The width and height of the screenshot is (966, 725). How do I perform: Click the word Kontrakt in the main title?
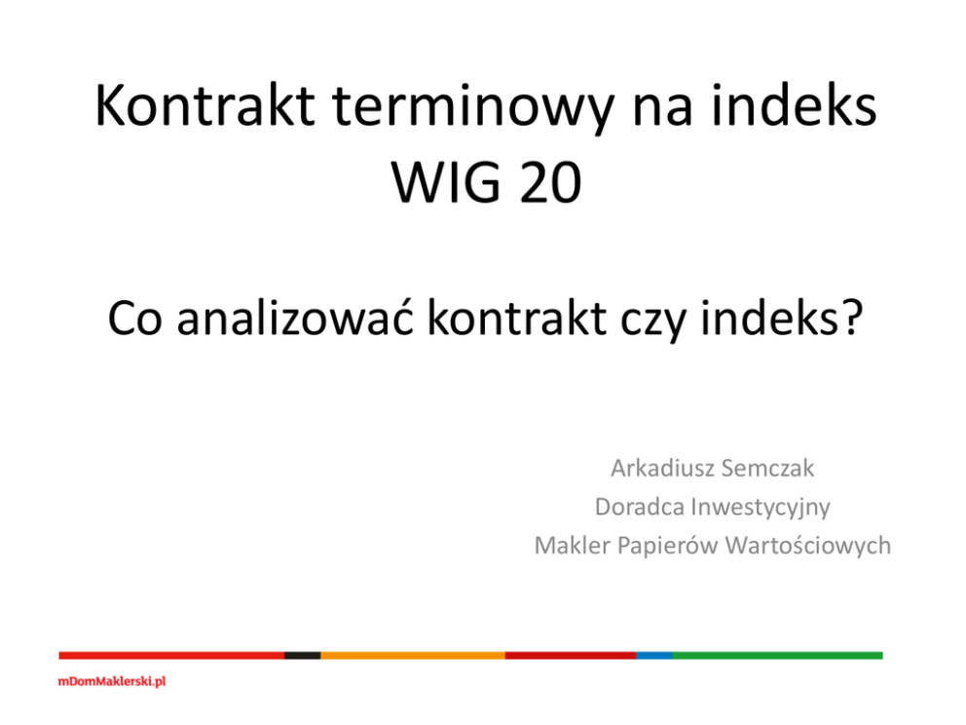pyautogui.click(x=205, y=106)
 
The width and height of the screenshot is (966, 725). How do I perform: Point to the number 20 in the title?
pyautogui.click(x=551, y=182)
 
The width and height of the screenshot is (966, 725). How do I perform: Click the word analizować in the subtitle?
pyautogui.click(x=295, y=318)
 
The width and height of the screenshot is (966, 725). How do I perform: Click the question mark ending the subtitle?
pyautogui.click(x=851, y=318)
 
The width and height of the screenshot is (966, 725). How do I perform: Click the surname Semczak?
pyautogui.click(x=767, y=469)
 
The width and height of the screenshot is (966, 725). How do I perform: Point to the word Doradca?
pyautogui.click(x=640, y=507)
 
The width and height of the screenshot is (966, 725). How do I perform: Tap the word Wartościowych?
pyautogui.click(x=808, y=547)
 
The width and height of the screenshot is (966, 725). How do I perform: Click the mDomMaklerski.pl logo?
pyautogui.click(x=112, y=681)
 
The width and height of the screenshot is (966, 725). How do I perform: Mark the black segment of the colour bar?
pyautogui.click(x=303, y=656)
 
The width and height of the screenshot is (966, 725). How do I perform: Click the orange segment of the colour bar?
pyautogui.click(x=413, y=656)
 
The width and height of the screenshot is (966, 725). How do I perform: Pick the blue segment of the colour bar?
pyautogui.click(x=654, y=656)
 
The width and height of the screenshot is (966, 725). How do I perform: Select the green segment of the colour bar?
pyautogui.click(x=777, y=656)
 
